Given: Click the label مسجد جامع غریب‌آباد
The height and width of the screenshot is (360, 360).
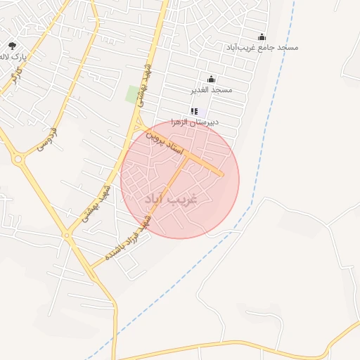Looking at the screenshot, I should [262, 47].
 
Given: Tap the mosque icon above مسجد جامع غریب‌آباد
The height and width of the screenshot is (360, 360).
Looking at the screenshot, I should [262, 37].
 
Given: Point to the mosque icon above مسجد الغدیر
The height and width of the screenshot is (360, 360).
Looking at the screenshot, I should [212, 79].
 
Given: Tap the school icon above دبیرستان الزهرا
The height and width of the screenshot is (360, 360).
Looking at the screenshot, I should [195, 111].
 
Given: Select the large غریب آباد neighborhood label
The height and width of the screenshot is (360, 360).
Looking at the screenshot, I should [171, 199].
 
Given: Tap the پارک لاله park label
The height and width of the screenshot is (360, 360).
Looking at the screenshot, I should [13, 56].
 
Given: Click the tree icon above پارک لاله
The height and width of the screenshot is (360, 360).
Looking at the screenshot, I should [12, 45].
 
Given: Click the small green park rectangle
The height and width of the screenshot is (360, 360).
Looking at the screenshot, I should [132, 94].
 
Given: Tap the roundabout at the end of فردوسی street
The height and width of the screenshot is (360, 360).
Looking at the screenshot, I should [18, 160].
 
